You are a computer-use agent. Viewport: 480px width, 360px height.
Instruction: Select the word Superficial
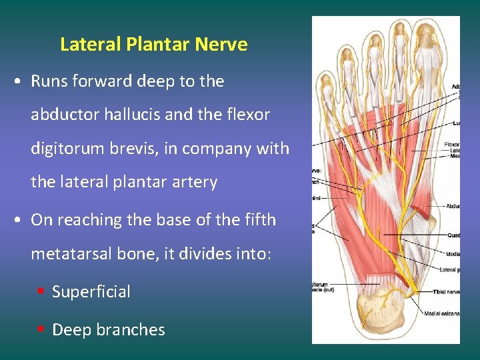point(91,292)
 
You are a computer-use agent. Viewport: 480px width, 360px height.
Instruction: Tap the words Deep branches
point(108,329)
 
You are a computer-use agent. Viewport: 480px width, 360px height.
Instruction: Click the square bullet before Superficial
point(41,291)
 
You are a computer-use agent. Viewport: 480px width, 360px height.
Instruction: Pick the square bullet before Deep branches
point(41,329)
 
